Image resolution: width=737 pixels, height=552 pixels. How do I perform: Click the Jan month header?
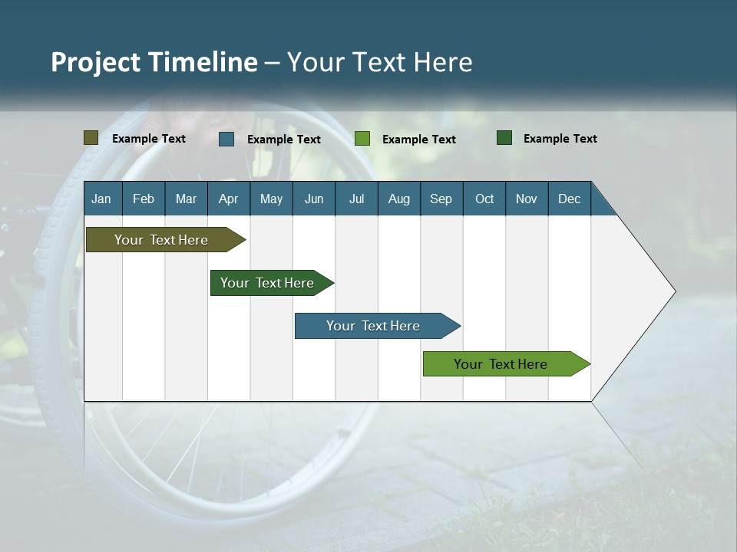(102, 199)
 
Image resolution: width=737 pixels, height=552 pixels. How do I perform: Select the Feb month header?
(144, 199)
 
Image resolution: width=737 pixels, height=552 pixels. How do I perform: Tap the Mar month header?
(187, 199)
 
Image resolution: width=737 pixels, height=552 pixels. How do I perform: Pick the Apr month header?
(229, 199)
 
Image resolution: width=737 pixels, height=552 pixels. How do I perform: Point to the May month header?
(271, 199)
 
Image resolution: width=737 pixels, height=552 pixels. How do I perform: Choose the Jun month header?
(314, 199)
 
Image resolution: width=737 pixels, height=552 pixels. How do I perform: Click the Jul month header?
(357, 199)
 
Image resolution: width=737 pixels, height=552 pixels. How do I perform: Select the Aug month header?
(399, 199)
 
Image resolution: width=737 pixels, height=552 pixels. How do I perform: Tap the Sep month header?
(441, 199)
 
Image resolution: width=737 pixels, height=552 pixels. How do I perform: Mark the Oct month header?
(484, 199)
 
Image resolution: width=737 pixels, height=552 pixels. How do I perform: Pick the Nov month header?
(527, 199)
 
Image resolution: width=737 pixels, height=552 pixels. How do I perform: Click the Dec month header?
(570, 199)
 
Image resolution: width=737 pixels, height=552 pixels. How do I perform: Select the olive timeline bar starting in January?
(162, 240)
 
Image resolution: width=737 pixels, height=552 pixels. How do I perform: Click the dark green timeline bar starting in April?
(268, 283)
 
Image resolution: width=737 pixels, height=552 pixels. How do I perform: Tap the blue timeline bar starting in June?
(374, 326)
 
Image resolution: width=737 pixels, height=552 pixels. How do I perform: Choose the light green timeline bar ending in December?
(501, 364)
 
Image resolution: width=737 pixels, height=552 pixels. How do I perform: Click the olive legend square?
(91, 138)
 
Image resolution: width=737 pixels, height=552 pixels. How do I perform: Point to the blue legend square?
(226, 139)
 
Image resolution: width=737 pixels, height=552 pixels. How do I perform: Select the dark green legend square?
(504, 138)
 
